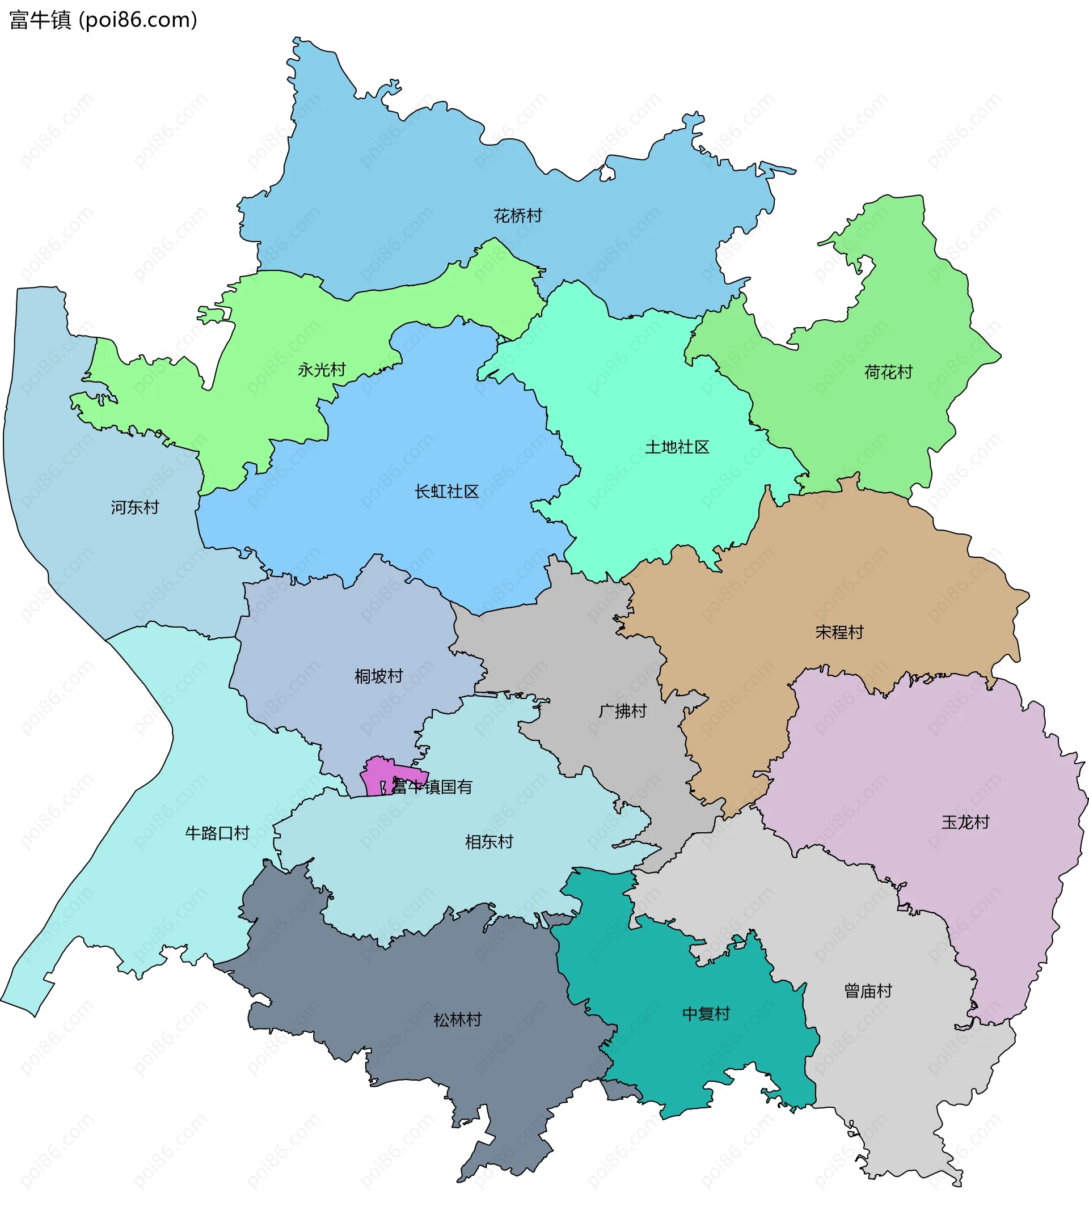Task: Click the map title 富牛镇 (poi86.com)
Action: [103, 20]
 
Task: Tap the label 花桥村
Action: [517, 215]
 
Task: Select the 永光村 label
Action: [322, 370]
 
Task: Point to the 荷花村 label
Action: [888, 372]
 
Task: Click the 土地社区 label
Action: [677, 447]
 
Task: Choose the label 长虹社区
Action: [446, 492]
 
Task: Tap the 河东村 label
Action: [135, 507]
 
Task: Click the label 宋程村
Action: [839, 632]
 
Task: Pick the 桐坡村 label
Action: [378, 676]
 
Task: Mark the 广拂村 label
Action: [622, 711]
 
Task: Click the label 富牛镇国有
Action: [432, 787]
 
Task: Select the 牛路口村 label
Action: [217, 833]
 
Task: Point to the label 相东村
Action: [489, 842]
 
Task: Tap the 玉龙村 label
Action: [965, 822]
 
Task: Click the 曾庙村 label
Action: [868, 991]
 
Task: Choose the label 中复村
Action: [706, 1014]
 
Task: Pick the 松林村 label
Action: [458, 1020]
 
